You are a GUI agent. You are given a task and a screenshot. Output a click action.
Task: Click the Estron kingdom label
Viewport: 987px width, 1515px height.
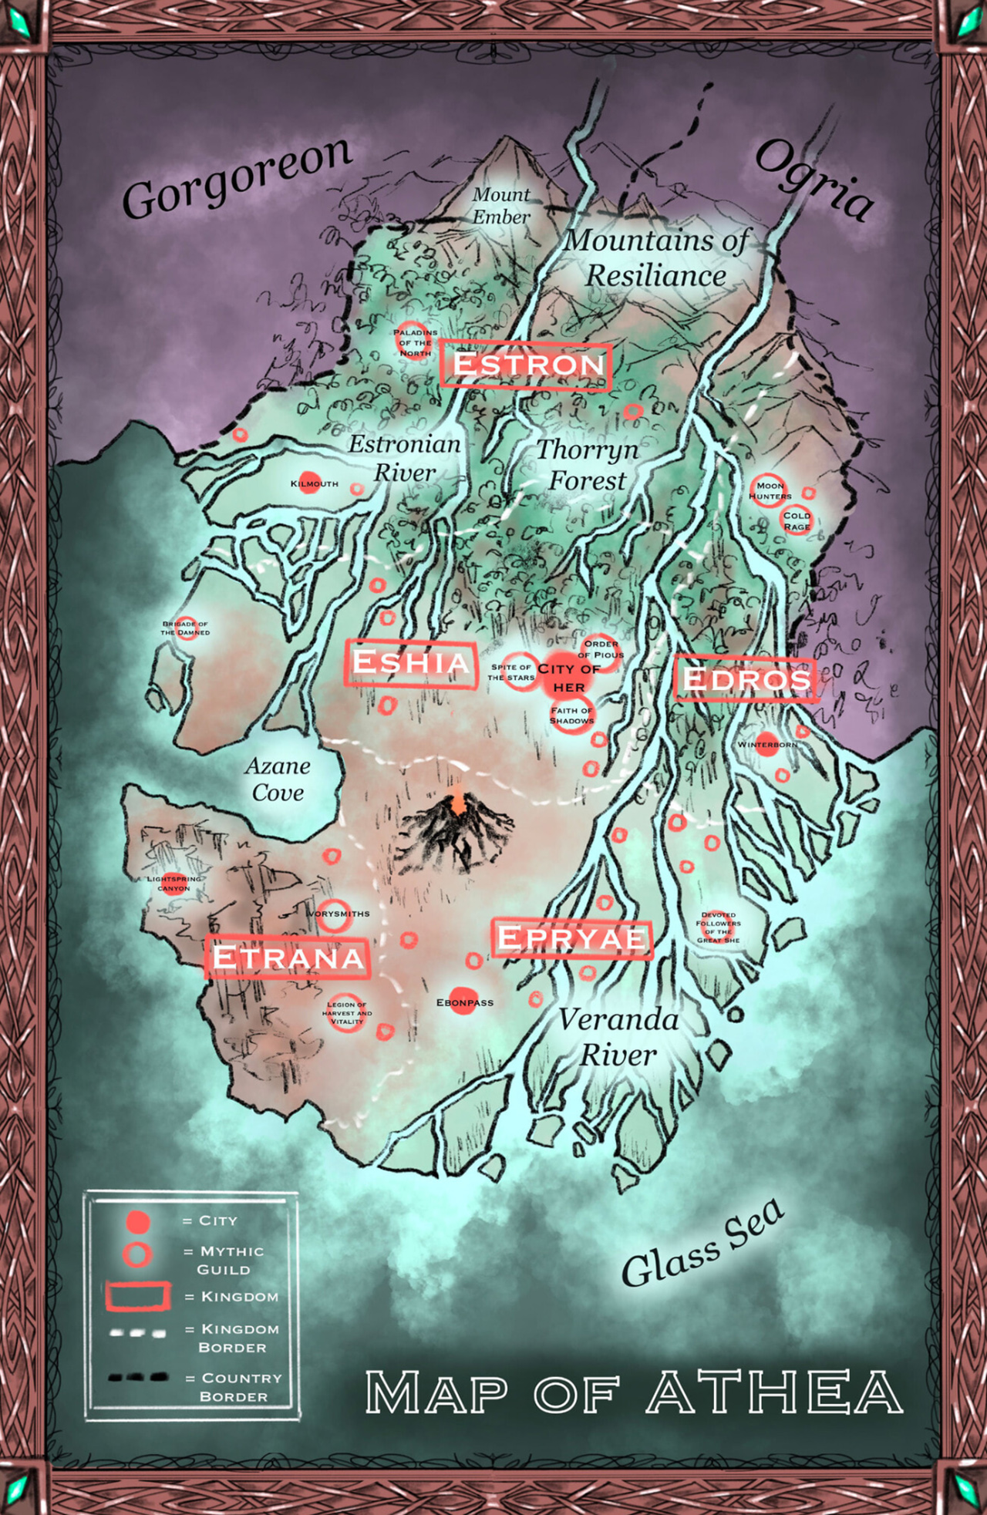pyautogui.click(x=527, y=365)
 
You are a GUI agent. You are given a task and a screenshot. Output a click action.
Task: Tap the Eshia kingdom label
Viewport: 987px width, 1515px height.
pyautogui.click(x=410, y=662)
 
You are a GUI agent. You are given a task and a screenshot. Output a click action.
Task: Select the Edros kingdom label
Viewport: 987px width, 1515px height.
pyautogui.click(x=746, y=679)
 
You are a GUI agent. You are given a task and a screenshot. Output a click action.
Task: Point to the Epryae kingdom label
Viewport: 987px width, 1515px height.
pyautogui.click(x=571, y=938)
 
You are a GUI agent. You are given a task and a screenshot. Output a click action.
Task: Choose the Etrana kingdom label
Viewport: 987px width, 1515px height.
pyautogui.click(x=288, y=958)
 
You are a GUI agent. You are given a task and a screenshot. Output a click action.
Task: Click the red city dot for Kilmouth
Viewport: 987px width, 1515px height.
pyautogui.click(x=309, y=483)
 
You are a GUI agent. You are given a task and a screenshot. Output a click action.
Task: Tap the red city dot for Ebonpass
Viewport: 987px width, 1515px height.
pyautogui.click(x=463, y=1001)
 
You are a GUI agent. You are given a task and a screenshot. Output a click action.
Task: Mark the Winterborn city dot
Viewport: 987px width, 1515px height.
pyautogui.click(x=767, y=744)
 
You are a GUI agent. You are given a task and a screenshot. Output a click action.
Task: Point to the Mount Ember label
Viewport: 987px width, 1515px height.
pyautogui.click(x=501, y=206)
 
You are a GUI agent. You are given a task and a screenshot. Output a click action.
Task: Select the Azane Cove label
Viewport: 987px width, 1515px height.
pyautogui.click(x=278, y=779)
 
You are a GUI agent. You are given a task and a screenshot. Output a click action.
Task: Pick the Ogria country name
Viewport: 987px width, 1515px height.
pyautogui.click(x=814, y=180)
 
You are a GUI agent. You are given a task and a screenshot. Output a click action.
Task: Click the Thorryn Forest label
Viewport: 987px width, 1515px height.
pyautogui.click(x=588, y=464)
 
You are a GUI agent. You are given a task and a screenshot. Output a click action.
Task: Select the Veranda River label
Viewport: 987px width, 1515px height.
pyautogui.click(x=618, y=1037)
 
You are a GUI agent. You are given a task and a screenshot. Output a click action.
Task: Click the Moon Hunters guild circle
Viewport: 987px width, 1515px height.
pyautogui.click(x=767, y=490)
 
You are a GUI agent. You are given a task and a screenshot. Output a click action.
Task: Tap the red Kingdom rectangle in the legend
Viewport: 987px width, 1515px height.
pyautogui.click(x=137, y=1296)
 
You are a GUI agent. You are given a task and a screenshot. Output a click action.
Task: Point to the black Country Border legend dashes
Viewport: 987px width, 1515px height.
pyautogui.click(x=137, y=1377)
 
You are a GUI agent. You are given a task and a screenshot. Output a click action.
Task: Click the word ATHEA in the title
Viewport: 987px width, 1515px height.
pyautogui.click(x=774, y=1392)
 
